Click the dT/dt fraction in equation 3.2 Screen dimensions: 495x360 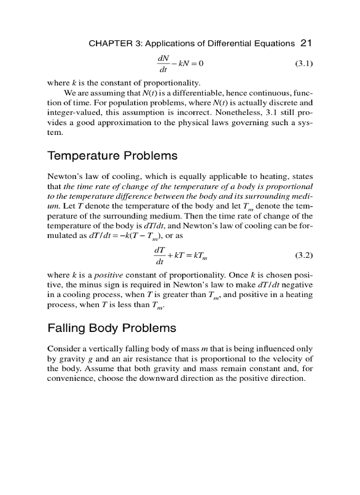pyautogui.click(x=160, y=255)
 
